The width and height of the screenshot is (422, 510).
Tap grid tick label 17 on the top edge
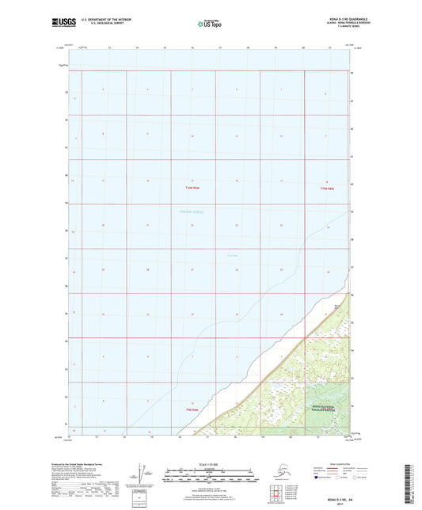(x=219, y=48)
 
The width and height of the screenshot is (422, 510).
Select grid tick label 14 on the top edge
(x=137, y=48)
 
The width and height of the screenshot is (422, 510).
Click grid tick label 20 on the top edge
(x=302, y=48)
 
